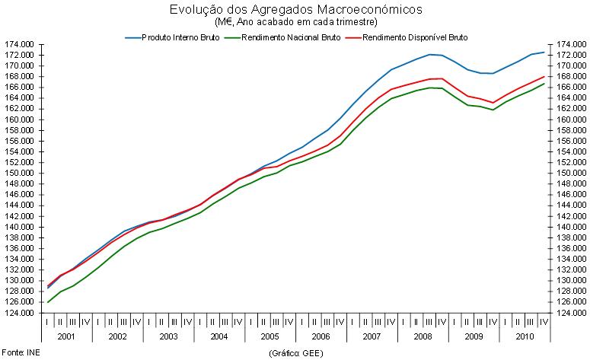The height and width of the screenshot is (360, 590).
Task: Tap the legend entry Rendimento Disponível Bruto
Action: [x=416, y=36]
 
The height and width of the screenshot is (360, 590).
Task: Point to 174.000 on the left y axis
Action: [x=20, y=45]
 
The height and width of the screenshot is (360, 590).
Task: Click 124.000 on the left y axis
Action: [x=20, y=314]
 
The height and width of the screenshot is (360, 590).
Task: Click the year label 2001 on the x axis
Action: [x=66, y=336]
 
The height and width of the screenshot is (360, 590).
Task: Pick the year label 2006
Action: [x=321, y=336]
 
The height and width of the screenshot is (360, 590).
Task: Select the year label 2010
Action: [x=525, y=336]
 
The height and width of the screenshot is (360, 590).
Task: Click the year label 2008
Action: [x=423, y=336]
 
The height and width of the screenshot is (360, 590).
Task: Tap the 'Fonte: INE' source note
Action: [x=20, y=353]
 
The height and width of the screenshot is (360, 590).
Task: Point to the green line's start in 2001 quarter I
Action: [x=47, y=302]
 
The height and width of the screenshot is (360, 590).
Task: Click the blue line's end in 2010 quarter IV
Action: [x=544, y=53]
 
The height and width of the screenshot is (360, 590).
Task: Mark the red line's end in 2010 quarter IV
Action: [x=544, y=76]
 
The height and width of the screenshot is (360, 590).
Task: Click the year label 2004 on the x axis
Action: [x=218, y=336]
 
